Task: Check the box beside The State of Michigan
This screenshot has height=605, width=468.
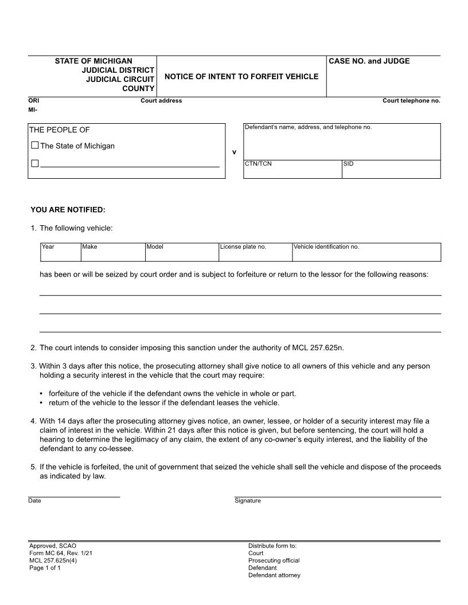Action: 35,146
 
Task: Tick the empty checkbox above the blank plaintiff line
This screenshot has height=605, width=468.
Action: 35,164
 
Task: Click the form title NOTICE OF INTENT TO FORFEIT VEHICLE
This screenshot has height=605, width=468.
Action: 241,76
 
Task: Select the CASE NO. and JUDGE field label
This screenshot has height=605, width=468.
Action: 369,61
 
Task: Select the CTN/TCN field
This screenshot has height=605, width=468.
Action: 292,171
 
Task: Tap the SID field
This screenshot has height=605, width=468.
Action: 391,171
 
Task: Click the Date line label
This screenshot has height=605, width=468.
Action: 34,501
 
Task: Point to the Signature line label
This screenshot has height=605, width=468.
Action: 247,501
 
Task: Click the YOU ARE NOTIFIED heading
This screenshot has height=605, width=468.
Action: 68,210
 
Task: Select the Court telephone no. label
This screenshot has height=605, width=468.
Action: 411,101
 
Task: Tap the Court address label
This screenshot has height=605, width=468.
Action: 161,101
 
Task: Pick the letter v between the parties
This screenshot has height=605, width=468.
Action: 234,152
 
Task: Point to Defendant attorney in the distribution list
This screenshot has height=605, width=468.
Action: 274,575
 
